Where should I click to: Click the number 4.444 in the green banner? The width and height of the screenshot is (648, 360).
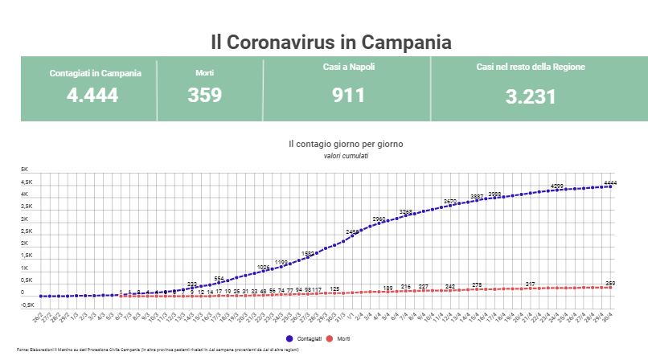pos(92,95)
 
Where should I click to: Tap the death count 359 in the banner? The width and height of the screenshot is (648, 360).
pos(204,95)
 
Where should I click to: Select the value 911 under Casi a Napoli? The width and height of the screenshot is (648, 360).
pos(348,95)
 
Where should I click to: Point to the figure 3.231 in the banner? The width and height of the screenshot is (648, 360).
pos(531,97)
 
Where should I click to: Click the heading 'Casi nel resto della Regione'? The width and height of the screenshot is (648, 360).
pos(530,67)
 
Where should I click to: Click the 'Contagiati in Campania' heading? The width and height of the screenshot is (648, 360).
pos(95,73)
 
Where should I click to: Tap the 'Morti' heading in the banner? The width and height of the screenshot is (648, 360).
pos(204,73)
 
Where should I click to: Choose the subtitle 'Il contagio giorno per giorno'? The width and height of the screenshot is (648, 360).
pos(346,144)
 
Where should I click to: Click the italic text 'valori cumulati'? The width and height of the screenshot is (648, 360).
pos(346,155)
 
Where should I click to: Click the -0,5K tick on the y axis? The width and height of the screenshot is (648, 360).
pos(27,305)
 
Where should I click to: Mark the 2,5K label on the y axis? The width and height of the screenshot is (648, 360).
pos(26,231)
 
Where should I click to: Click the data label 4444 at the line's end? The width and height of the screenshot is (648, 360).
pos(609,183)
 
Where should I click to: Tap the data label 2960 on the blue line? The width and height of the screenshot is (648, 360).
pos(379,219)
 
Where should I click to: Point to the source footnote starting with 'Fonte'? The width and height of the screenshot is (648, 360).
pos(153,350)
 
